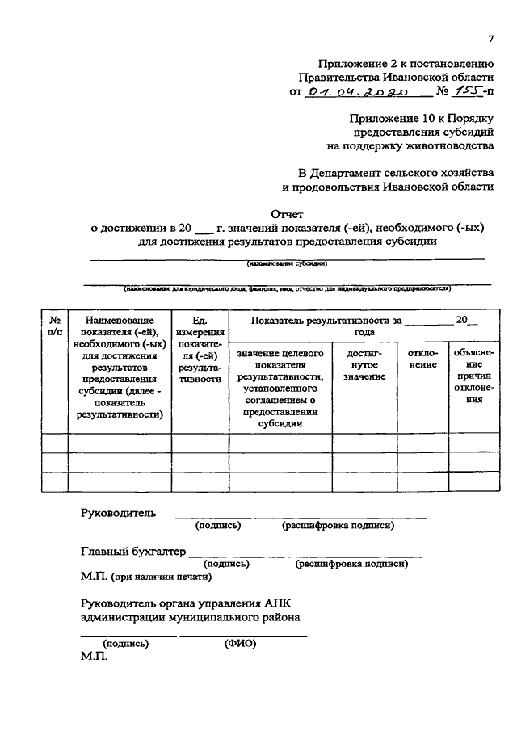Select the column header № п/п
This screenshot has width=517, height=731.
coord(54,326)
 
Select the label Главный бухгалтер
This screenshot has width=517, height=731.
coord(133,552)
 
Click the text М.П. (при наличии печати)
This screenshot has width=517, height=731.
coord(146,577)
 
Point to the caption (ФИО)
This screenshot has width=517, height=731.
coord(240,644)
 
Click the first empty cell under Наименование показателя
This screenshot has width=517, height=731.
coord(119,443)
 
